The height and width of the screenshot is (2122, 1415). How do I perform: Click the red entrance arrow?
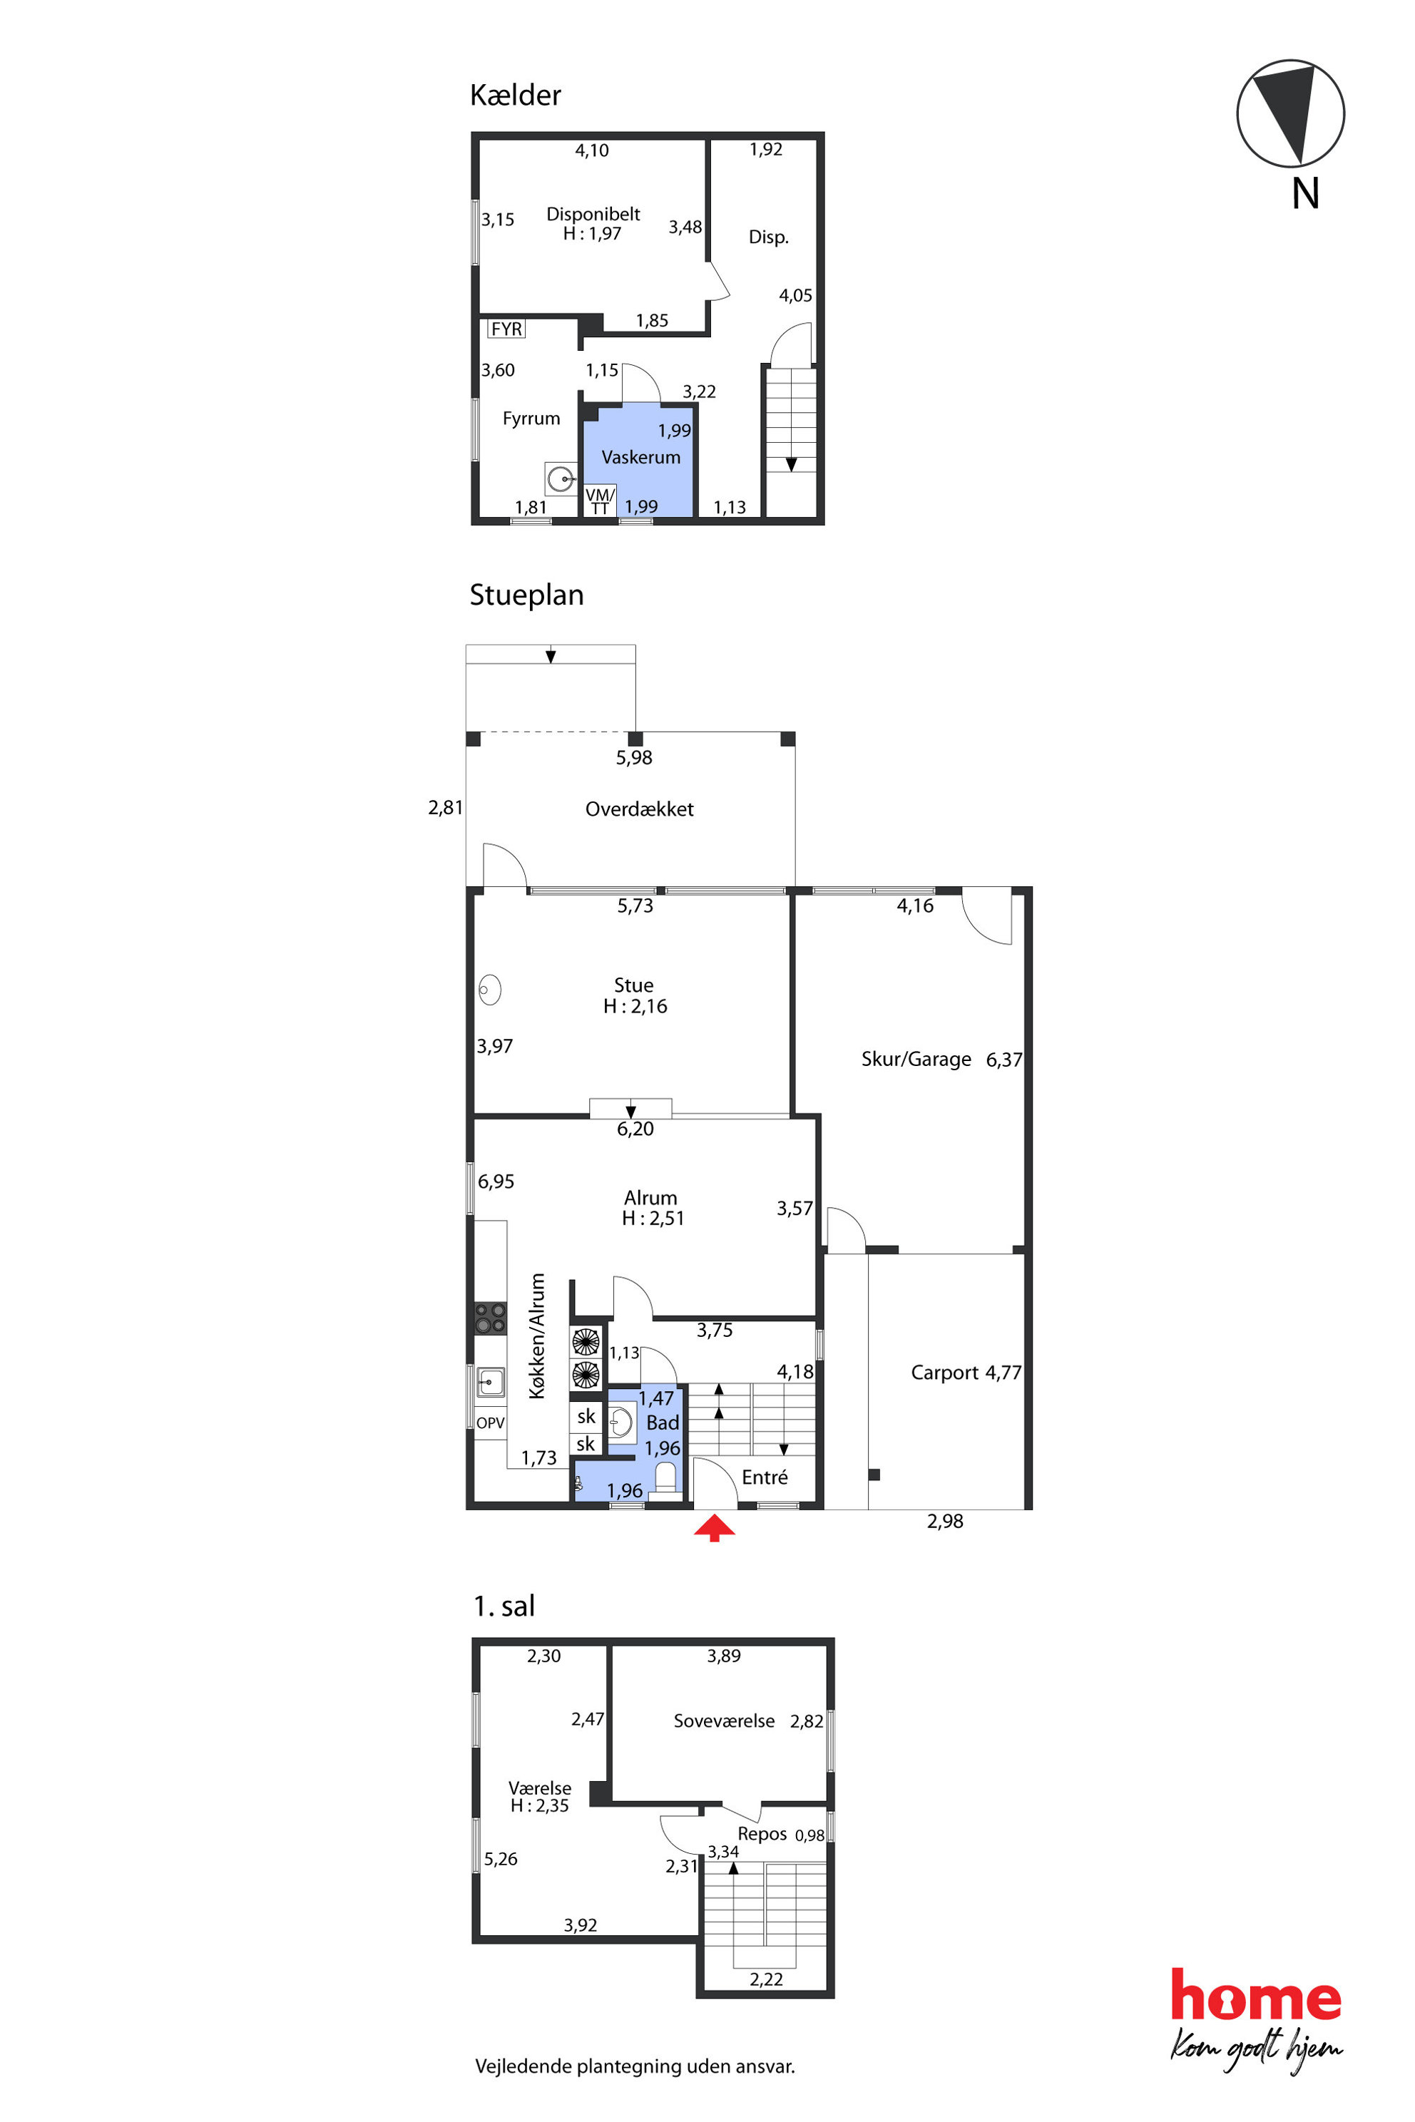[714, 1528]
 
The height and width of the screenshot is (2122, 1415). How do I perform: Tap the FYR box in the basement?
[506, 329]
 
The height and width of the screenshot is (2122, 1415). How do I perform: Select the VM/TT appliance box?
[600, 501]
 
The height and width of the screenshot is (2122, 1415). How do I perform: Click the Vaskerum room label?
[640, 458]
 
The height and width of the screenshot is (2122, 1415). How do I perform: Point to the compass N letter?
[1305, 194]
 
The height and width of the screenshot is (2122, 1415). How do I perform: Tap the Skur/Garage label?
[916, 1059]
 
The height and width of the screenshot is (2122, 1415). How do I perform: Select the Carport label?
[944, 1373]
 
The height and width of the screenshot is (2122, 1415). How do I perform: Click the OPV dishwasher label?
[490, 1423]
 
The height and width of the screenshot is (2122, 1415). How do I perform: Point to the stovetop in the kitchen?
[491, 1318]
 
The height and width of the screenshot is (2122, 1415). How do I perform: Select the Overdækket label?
[639, 809]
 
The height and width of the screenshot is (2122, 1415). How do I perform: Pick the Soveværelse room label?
[724, 1721]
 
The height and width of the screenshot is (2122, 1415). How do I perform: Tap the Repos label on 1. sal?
[762, 1834]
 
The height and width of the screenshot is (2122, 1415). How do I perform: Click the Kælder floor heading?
[515, 95]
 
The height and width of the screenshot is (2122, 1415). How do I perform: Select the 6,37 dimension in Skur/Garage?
[1003, 1059]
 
